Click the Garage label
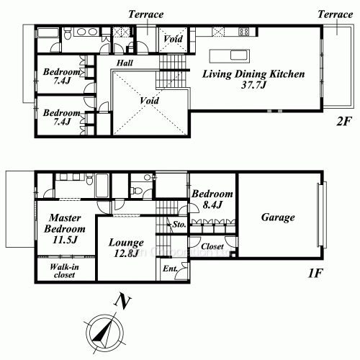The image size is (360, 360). pos(278,217)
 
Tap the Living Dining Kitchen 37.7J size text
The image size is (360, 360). pos(253,85)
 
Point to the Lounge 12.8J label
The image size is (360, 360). pos(126,248)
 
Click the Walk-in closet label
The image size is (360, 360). pos(64,271)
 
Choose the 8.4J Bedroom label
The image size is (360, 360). pos(212,199)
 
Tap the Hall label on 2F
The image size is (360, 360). pos(125,63)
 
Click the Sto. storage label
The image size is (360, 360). pos(179,225)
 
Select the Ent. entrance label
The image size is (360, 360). pos(170,269)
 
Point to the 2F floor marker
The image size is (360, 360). pos(344,122)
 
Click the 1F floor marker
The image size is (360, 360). pos(315,273)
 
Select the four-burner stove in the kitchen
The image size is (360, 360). pos(243,32)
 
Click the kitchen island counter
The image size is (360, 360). pos(230,56)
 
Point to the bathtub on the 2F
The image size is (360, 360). pos(48,33)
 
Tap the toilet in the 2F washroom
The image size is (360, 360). pos(68,33)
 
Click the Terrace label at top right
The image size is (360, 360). pos(335,14)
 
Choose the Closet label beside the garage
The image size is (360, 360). pos(212,246)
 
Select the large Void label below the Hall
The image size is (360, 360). pos(149,101)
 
